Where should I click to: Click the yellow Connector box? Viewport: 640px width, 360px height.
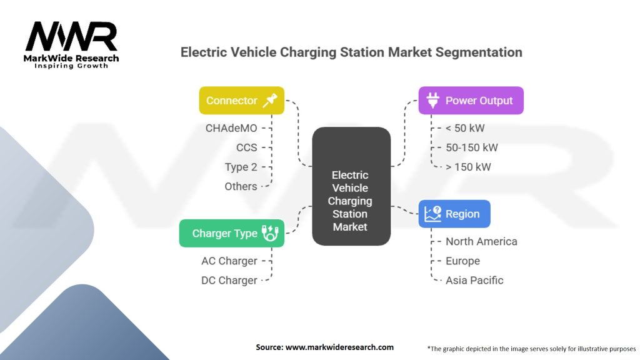pyautogui.click(x=242, y=101)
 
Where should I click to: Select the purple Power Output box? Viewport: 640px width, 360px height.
pyautogui.click(x=471, y=101)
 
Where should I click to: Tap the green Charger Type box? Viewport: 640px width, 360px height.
pyautogui.click(x=232, y=233)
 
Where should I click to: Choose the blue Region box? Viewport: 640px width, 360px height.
pyautogui.click(x=454, y=214)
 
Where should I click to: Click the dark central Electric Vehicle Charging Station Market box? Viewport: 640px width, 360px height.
pyautogui.click(x=351, y=186)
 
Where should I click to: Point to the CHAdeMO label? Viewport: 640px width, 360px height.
pyautogui.click(x=231, y=128)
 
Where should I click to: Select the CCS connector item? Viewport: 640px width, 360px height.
pyautogui.click(x=246, y=147)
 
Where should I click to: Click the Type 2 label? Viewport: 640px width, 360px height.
pyautogui.click(x=241, y=167)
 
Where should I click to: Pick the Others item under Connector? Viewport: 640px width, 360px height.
pyautogui.click(x=241, y=186)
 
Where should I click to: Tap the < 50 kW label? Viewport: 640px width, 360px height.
pyautogui.click(x=465, y=128)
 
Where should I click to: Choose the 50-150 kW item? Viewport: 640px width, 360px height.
pyautogui.click(x=471, y=147)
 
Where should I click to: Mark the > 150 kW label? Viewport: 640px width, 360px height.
pyautogui.click(x=468, y=167)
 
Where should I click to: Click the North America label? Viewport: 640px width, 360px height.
pyautogui.click(x=481, y=241)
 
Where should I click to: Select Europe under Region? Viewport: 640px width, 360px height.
pyautogui.click(x=462, y=261)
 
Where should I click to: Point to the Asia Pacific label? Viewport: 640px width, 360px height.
pyautogui.click(x=474, y=281)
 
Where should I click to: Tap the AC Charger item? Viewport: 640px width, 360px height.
pyautogui.click(x=229, y=261)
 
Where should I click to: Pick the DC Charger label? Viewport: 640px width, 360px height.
pyautogui.click(x=229, y=281)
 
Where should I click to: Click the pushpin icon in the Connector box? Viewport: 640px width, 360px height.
pyautogui.click(x=270, y=101)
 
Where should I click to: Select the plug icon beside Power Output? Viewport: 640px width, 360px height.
pyautogui.click(x=432, y=101)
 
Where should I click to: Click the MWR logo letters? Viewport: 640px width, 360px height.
pyautogui.click(x=72, y=36)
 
